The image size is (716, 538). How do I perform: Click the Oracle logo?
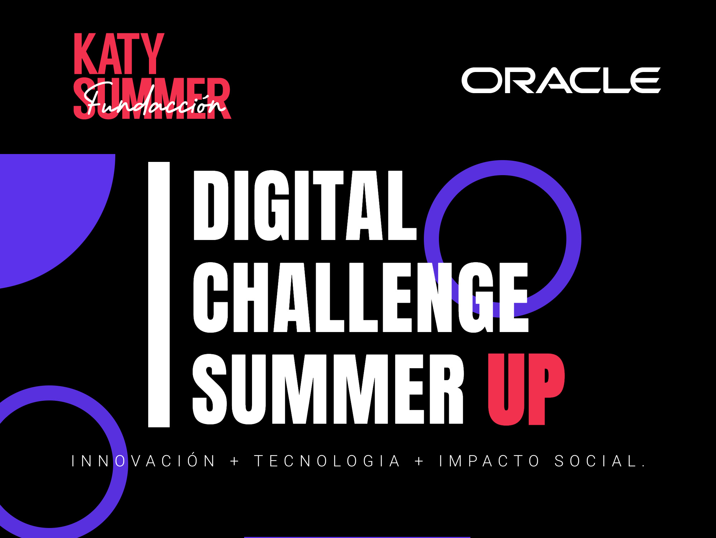point(561,80)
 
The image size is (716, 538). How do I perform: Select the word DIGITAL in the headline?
point(305,205)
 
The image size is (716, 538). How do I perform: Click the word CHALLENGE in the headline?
point(361,298)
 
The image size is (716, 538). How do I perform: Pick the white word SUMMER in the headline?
point(328,389)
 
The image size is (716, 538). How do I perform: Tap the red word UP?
point(526,389)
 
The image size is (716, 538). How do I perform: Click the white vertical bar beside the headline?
point(159,294)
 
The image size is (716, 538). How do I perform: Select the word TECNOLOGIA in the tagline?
point(327,461)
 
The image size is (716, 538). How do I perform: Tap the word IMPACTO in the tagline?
point(489,461)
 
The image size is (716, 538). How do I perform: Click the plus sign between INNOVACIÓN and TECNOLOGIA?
point(235,461)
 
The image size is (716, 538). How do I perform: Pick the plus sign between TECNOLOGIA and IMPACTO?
point(420,461)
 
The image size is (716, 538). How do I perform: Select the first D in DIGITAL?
point(211,205)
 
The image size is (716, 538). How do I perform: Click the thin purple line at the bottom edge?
point(357,537)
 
